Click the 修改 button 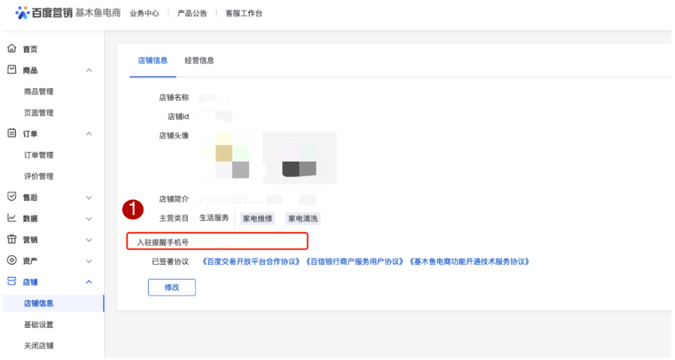click(x=172, y=287)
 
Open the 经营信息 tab click(x=200, y=61)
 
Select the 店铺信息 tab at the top click(x=153, y=61)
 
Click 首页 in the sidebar click(x=30, y=49)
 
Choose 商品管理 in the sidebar click(x=39, y=91)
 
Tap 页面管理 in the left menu click(x=39, y=113)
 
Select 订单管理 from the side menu click(x=39, y=155)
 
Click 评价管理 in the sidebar click(x=39, y=177)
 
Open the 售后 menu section click(x=31, y=197)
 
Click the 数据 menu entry click(x=31, y=219)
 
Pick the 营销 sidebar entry click(x=31, y=240)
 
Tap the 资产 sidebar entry click(x=31, y=260)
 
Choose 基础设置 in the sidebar click(x=39, y=325)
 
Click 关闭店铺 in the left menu click(x=39, y=346)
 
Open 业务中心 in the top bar click(x=144, y=13)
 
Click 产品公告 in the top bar click(x=192, y=13)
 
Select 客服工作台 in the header click(x=244, y=13)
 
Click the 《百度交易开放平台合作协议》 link click(x=251, y=262)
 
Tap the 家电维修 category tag click(x=257, y=219)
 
